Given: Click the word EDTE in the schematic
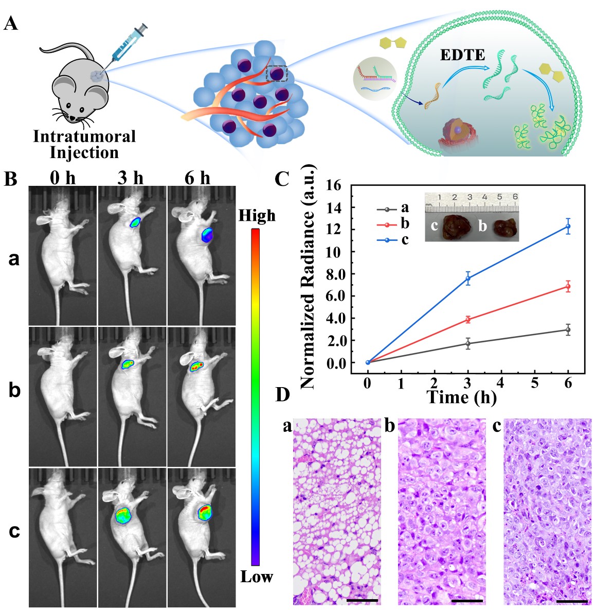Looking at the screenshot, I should (x=462, y=55).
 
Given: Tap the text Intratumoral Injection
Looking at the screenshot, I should (x=84, y=145).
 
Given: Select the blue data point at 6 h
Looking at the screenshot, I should (x=568, y=226).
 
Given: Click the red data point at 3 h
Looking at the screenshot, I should (x=468, y=320).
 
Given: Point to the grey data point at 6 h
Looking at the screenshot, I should (x=568, y=329).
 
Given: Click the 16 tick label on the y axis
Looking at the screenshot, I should (x=334, y=186).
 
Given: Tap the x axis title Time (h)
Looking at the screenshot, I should (x=462, y=397).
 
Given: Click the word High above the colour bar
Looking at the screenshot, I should (x=257, y=215).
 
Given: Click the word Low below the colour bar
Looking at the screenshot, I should (x=257, y=577).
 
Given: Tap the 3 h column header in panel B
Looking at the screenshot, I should (x=131, y=178).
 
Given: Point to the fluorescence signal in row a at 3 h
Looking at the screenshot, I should (x=135, y=222).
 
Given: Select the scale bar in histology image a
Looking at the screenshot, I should (x=362, y=600).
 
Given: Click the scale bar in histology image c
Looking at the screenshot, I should (x=571, y=600).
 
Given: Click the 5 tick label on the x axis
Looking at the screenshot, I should (x=535, y=384).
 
